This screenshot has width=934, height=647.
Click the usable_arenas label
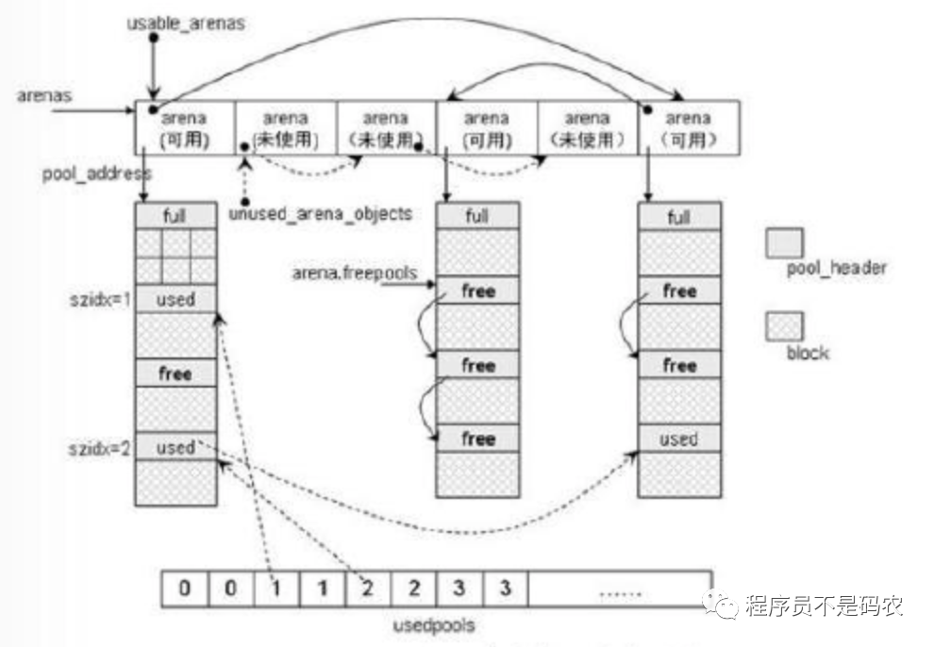tap(186, 23)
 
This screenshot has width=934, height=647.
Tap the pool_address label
tap(96, 174)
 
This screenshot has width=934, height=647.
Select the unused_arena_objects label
tap(320, 214)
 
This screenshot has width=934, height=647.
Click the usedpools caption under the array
tap(435, 624)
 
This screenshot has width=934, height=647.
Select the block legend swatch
tap(784, 326)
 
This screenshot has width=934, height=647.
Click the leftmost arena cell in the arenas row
tap(185, 128)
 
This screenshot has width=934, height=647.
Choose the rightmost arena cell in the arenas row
tap(689, 128)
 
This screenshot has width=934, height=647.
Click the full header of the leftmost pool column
tap(175, 216)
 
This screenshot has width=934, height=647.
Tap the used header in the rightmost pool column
tap(678, 439)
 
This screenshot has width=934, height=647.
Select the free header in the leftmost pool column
tap(175, 373)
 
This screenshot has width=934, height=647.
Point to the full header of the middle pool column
tap(477, 216)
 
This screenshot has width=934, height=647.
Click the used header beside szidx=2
tap(175, 447)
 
